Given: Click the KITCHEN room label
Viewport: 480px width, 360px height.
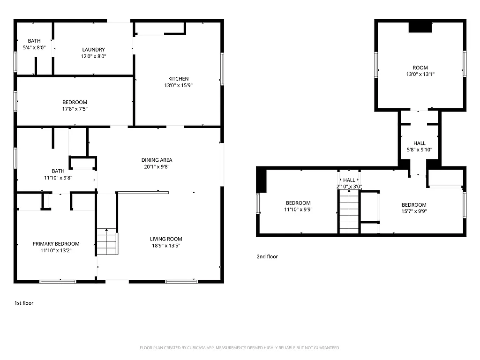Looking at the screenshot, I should click(179, 79).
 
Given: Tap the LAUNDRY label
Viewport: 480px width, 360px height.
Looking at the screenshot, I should click(93, 50).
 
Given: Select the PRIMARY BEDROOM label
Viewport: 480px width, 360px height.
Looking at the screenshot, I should click(56, 244).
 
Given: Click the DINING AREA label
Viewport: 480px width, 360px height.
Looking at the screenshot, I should click(157, 160).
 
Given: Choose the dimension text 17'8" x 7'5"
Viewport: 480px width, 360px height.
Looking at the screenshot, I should click(75, 109).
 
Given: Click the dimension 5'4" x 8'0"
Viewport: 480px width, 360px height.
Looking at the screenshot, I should click(34, 47).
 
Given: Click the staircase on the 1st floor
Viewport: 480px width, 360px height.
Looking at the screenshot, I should click(107, 242).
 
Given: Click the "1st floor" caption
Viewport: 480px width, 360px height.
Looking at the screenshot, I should click(24, 303).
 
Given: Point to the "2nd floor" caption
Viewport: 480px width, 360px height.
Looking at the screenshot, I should click(267, 257).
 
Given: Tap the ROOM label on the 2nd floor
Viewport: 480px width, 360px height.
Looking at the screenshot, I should click(420, 68).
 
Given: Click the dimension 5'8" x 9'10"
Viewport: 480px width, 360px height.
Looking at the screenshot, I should click(420, 150).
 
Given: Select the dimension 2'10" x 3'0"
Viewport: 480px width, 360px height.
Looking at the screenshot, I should click(349, 187).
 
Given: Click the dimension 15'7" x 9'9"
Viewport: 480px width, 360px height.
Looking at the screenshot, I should click(414, 211).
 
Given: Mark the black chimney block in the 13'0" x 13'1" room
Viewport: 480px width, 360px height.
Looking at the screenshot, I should click(420, 28).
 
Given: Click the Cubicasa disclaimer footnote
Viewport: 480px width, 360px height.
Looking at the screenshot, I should click(240, 348).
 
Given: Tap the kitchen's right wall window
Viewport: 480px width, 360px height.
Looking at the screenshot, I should click(222, 69).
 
